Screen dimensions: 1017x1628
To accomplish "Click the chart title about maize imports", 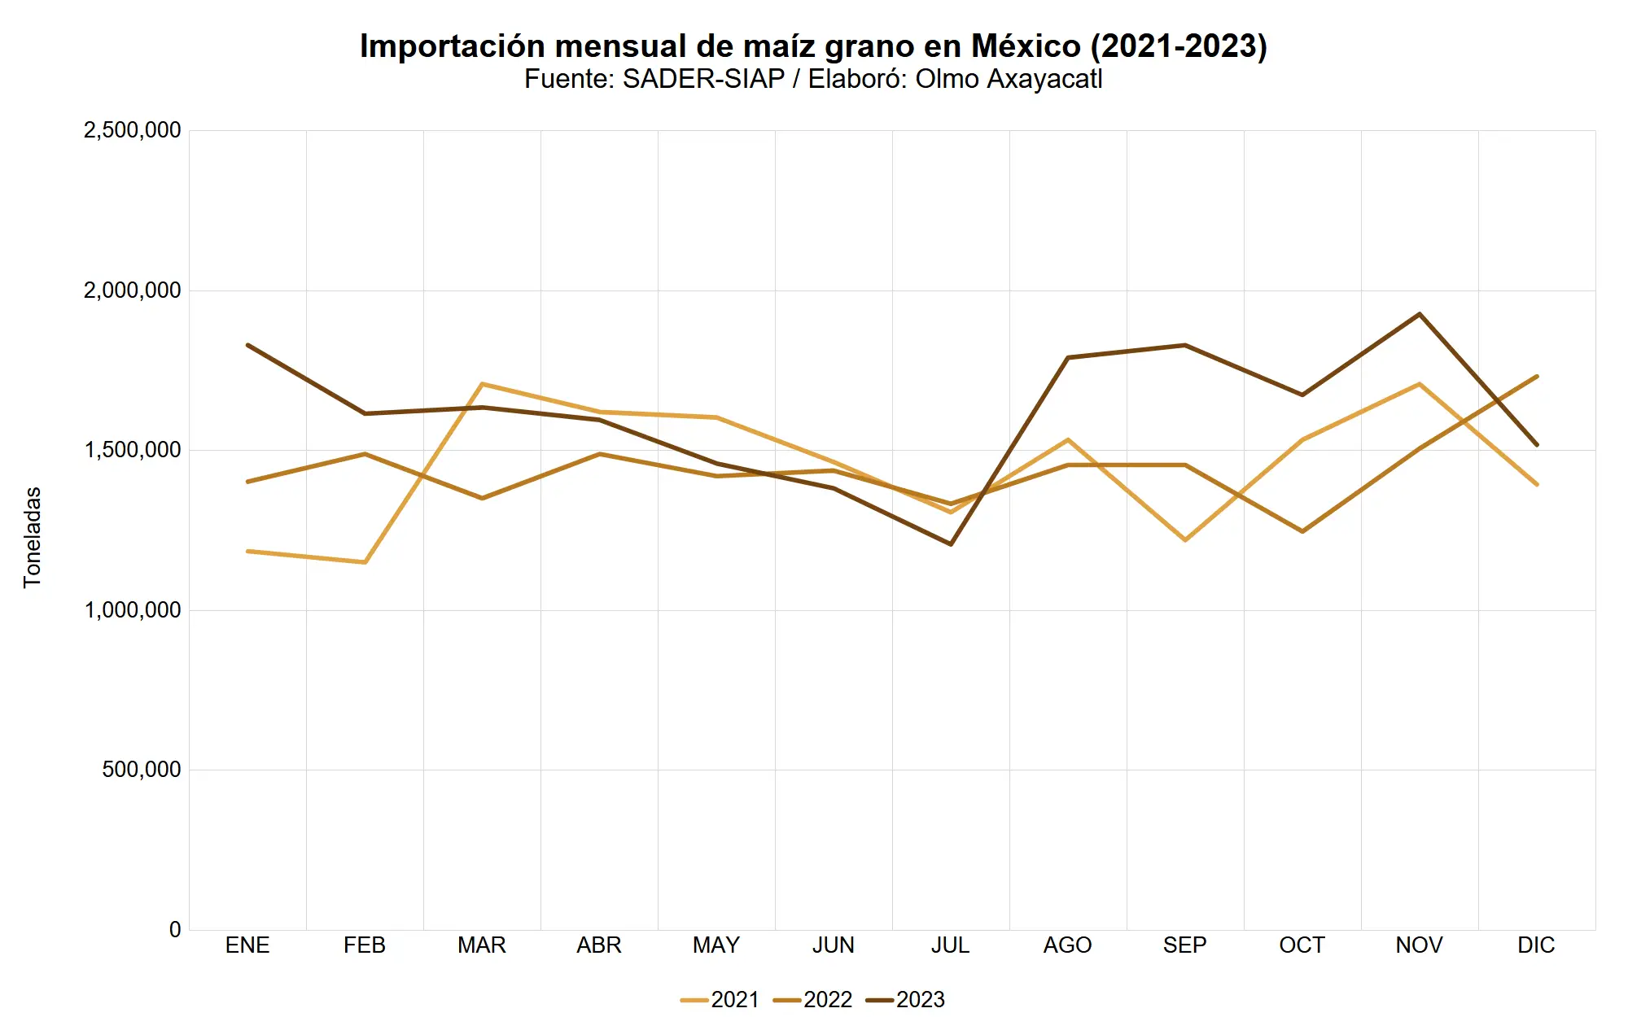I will [x=813, y=46].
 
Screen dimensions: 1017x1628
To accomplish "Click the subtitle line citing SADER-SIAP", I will [x=813, y=80].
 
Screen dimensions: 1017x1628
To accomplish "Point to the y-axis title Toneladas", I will [x=32, y=537].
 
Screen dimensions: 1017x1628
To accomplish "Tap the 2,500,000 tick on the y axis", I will [x=132, y=130].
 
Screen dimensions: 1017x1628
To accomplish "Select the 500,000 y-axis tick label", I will [x=142, y=770].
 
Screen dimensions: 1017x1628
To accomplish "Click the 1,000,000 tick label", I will [x=132, y=610].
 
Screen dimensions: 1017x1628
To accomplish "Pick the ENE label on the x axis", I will [x=247, y=945].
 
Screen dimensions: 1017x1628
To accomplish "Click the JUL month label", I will [x=951, y=945].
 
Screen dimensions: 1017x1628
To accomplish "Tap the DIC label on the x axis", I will [x=1536, y=945].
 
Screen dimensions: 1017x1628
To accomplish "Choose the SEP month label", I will [x=1184, y=945].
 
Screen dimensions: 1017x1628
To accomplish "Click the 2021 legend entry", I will [x=720, y=999].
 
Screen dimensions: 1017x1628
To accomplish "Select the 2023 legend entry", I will [x=906, y=999].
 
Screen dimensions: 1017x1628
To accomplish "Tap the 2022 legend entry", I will [x=813, y=999].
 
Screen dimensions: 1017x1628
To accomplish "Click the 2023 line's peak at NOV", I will [x=1420, y=314].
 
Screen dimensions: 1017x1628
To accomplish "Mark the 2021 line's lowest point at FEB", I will [x=365, y=562].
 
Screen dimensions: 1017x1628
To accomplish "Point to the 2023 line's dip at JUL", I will [x=951, y=543].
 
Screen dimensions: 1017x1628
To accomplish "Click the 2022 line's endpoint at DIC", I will [x=1536, y=376].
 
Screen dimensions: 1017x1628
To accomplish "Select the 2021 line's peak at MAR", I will [x=482, y=384].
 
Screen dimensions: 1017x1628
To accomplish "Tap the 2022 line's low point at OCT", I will [x=1302, y=531].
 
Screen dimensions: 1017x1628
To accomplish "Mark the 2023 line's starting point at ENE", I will [x=247, y=345].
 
